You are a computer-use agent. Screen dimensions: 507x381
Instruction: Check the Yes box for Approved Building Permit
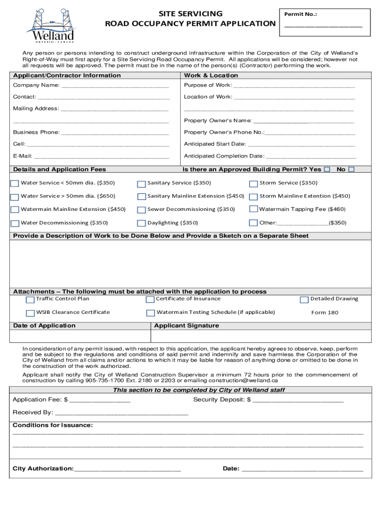pos(327,169)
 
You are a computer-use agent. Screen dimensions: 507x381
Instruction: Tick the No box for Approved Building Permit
pos(351,169)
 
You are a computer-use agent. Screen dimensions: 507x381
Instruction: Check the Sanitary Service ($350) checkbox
pos(142,184)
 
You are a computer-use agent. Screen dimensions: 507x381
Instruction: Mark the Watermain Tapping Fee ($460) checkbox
pos(254,209)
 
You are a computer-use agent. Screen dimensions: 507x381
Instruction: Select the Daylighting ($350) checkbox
pos(142,223)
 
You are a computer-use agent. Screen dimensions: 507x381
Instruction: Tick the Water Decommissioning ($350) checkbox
pos(15,223)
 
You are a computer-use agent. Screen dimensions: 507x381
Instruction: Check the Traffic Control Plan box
pos(30,300)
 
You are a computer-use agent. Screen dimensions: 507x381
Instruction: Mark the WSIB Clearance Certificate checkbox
pos(30,313)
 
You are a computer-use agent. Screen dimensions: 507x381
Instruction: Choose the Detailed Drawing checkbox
pos(305,300)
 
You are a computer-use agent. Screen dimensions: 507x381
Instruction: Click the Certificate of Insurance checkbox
pos(150,300)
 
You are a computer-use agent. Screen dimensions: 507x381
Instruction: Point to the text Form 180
pos(325,312)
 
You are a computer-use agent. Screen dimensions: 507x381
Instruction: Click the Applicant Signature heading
pos(187,326)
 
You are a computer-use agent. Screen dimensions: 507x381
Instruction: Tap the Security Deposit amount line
pos(298,400)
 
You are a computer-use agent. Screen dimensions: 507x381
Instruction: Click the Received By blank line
pos(122,413)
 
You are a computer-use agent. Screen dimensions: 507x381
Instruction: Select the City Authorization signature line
pos(128,469)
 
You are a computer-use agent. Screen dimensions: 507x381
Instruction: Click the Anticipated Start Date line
pos(301,145)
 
